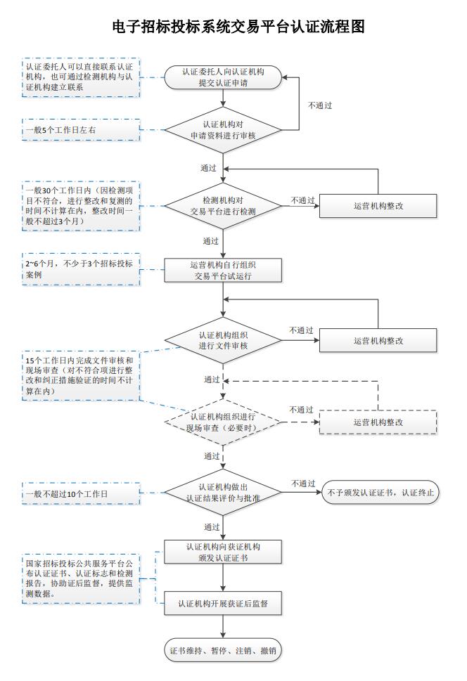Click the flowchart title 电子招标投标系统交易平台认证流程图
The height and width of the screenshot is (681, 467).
tap(238, 27)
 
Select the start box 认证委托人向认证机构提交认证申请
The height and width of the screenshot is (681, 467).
tap(223, 77)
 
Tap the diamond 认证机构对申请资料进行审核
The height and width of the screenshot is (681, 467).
tap(223, 130)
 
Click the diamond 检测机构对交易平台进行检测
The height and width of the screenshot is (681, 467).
tap(223, 206)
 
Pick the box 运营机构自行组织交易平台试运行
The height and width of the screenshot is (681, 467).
tap(223, 270)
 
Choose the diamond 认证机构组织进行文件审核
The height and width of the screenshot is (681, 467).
tap(223, 340)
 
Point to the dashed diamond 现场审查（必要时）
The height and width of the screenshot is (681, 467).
tap(223, 422)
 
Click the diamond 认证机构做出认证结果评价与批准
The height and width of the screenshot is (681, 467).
tap(223, 493)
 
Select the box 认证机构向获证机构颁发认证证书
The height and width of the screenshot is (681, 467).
tap(223, 552)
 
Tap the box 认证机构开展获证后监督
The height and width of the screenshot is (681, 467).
tap(223, 603)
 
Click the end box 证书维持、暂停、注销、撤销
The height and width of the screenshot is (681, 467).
tap(223, 650)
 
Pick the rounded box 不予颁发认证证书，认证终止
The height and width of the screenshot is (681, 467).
tap(380, 493)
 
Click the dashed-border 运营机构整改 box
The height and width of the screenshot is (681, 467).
tap(378, 422)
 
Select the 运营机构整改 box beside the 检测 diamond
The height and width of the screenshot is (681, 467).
tap(378, 206)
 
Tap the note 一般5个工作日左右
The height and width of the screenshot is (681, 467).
tap(82, 130)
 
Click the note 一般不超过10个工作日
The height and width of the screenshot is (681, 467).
tap(82, 494)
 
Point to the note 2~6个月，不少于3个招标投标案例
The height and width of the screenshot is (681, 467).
tap(82, 269)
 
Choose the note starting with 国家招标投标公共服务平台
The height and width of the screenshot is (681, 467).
tap(82, 579)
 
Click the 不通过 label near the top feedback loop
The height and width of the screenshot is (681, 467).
tap(320, 105)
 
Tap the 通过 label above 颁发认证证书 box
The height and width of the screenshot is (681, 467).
tap(212, 527)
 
